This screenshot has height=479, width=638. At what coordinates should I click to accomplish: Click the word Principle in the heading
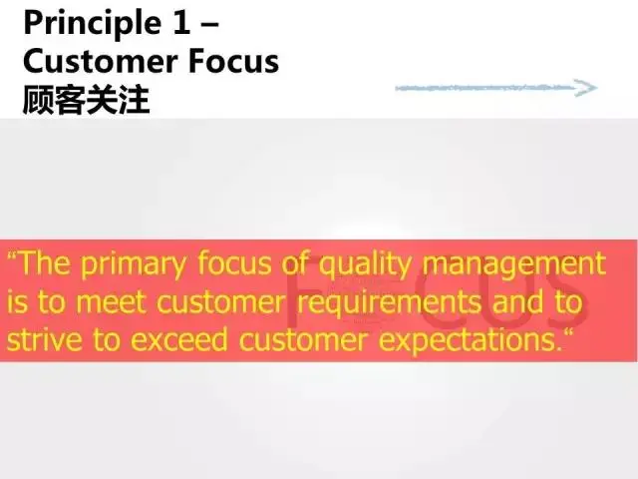[93, 24]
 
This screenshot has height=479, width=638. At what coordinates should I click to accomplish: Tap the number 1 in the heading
[181, 22]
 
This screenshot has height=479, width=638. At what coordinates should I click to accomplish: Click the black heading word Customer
[101, 62]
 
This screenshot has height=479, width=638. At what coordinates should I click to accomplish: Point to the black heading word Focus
[233, 62]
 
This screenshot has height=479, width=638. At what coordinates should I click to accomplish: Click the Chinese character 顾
[39, 100]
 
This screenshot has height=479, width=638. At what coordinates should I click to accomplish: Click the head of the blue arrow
[586, 88]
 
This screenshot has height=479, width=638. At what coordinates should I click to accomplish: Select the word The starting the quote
[44, 263]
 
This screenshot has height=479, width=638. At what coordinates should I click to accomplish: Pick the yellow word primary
[133, 265]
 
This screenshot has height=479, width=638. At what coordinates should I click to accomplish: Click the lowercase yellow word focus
[235, 263]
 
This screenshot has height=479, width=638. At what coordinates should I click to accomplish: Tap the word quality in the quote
[365, 265]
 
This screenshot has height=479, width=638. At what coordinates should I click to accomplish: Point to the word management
[514, 265]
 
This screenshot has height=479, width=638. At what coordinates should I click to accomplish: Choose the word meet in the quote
[111, 302]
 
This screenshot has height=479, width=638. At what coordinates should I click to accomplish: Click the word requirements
[389, 303]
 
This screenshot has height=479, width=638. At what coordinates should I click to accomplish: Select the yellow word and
[517, 301]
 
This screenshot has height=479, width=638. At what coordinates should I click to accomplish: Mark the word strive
[44, 339]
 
